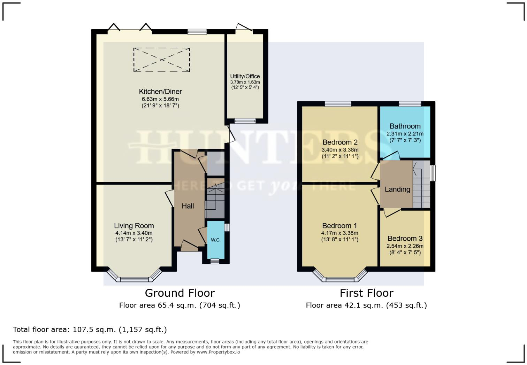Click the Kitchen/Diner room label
click(160, 92)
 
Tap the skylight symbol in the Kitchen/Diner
click(162, 60)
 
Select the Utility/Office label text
click(245, 76)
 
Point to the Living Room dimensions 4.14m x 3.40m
click(134, 233)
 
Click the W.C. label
click(215, 240)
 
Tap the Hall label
click(188, 206)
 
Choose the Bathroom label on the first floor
click(405, 126)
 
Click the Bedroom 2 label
click(340, 142)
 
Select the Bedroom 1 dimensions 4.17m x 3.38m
click(339, 233)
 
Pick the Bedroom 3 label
click(405, 239)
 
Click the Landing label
click(397, 189)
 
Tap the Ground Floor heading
click(180, 293)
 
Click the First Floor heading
click(366, 293)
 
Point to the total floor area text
click(90, 329)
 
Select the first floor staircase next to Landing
click(421, 185)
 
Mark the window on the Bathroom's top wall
click(410, 103)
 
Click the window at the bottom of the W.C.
click(215, 261)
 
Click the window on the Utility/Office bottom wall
click(245, 121)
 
